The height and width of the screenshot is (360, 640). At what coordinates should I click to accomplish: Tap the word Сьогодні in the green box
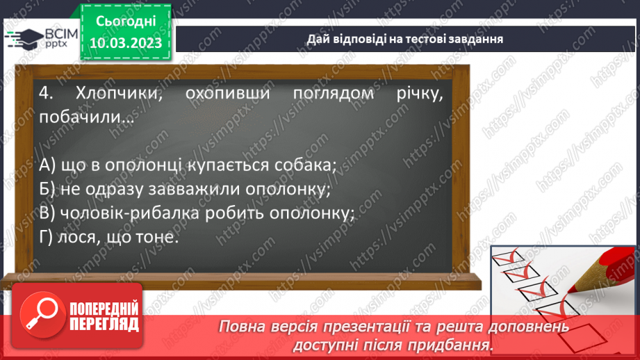[x=126, y=22]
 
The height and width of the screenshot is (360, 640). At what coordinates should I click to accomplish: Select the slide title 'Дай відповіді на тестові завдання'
[x=405, y=39]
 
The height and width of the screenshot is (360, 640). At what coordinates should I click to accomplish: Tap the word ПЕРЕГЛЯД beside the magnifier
[x=104, y=325]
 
